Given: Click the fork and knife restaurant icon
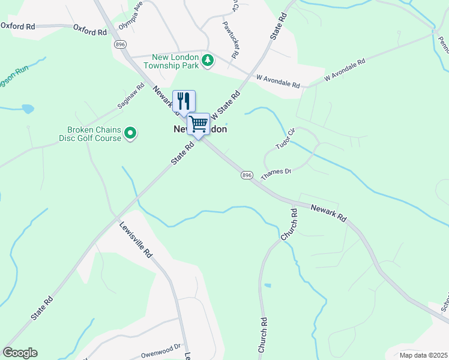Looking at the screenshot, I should (184, 100).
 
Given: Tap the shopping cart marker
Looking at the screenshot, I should (198, 124).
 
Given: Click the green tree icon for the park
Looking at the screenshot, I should (208, 60).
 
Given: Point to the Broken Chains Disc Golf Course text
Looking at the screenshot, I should (94, 134).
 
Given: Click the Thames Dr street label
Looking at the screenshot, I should (276, 172).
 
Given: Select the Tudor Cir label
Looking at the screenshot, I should (286, 140).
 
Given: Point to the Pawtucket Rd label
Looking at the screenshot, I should (231, 39).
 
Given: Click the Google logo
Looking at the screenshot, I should (20, 353).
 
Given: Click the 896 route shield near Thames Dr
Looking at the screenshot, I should (247, 175).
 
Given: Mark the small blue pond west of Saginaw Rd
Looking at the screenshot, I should (28, 109).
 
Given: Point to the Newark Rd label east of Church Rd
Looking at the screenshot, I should (329, 214).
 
